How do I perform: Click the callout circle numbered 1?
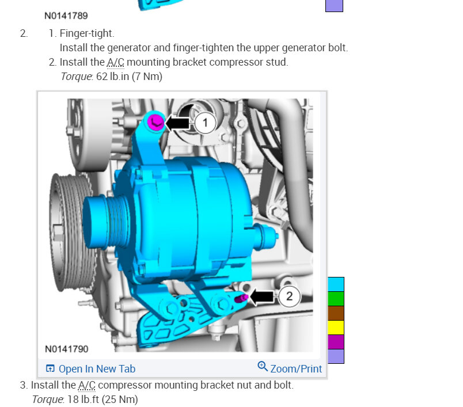[x=205, y=123]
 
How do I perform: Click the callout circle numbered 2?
[x=289, y=296]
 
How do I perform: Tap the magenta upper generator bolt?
[x=155, y=122]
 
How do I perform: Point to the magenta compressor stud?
[x=241, y=298]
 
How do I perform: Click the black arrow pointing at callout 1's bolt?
[x=178, y=123]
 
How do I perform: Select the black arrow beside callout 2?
[x=262, y=296]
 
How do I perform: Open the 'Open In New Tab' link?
[x=90, y=368]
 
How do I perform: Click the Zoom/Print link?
[x=289, y=368]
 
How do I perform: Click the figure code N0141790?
[x=66, y=349]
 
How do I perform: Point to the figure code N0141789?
[x=66, y=16]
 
